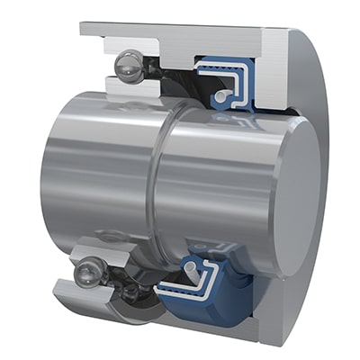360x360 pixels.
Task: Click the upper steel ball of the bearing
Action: click(129, 65)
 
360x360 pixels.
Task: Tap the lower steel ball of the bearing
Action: click(89, 269)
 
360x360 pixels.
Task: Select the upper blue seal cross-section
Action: click(217, 76)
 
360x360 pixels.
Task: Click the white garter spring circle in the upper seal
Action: click(221, 93)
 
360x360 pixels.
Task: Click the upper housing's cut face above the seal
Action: click(225, 40)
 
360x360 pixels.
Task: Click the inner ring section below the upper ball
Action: click(126, 87)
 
